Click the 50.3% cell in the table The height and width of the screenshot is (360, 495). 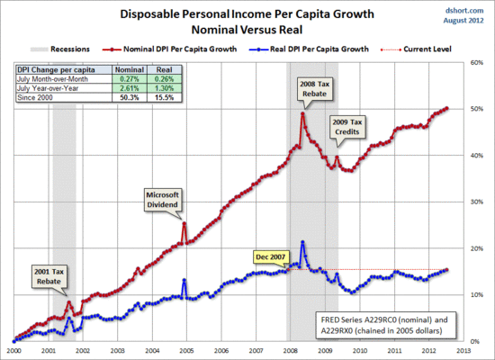(125, 96)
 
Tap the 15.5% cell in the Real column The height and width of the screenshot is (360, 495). (162, 96)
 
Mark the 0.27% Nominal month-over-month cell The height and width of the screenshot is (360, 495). (125, 78)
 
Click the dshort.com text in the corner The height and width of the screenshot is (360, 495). (468, 9)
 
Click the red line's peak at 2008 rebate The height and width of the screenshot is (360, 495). (302, 113)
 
